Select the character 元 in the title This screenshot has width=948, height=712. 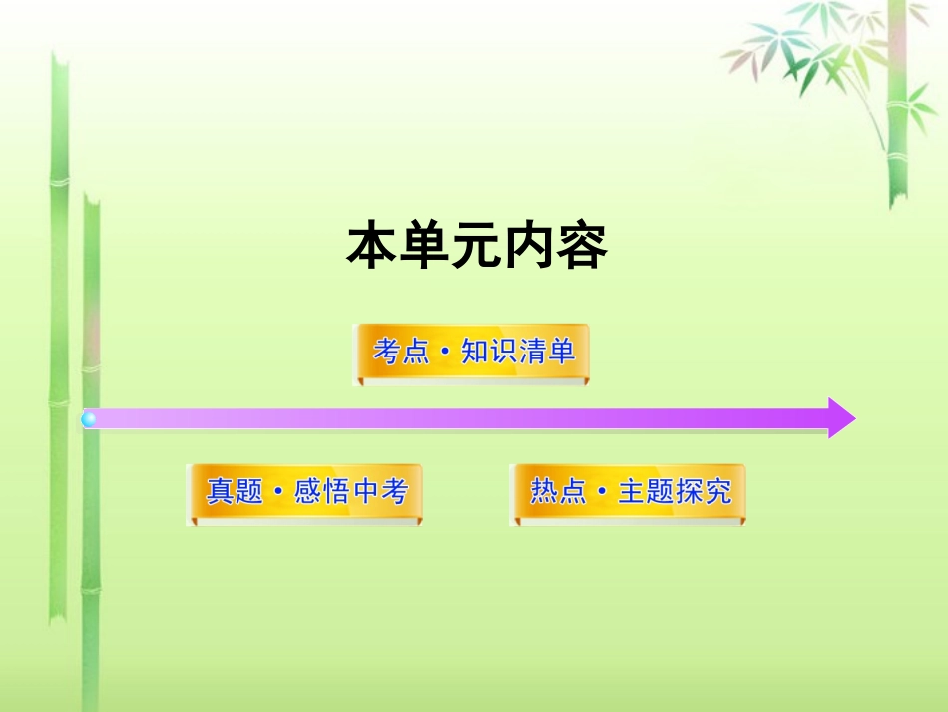click(x=476, y=246)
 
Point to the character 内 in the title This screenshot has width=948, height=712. click(x=529, y=246)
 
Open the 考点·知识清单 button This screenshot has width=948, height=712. click(x=473, y=353)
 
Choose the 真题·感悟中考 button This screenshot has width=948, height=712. click(x=305, y=492)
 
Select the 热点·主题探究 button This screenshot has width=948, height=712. click(x=629, y=492)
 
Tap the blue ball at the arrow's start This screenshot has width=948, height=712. click(x=89, y=419)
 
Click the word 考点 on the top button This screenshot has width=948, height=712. click(x=401, y=352)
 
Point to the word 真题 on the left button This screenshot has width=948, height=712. click(x=236, y=492)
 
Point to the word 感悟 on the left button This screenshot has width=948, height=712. click(x=322, y=492)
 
